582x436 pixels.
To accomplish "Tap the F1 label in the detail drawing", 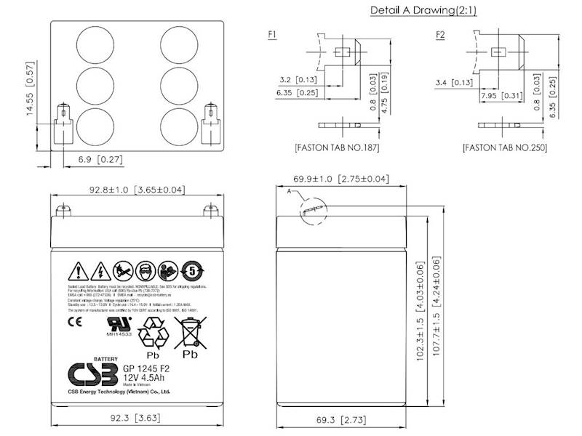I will (272, 34).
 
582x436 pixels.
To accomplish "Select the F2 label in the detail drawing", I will (440, 34).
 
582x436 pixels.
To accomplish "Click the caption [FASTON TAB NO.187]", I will (337, 148).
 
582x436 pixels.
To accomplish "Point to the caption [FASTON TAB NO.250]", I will (504, 148).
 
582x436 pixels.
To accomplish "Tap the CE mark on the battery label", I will (73, 320).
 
